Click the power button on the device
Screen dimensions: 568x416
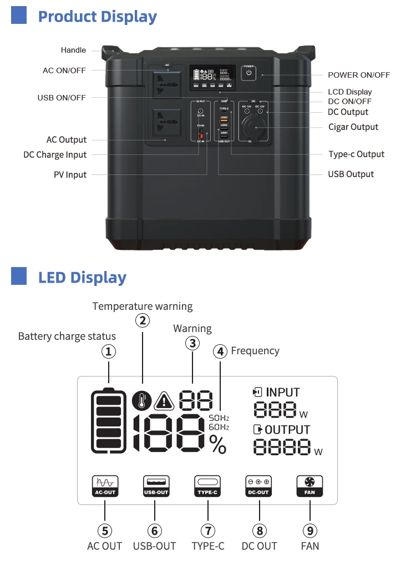[x=248, y=73]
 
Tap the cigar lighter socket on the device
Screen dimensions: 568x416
[x=256, y=129]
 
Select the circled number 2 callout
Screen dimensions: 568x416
[x=143, y=320]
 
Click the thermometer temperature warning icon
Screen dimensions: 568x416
[x=142, y=399]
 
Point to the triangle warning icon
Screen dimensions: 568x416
[x=164, y=400]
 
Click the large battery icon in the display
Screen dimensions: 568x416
[x=109, y=420]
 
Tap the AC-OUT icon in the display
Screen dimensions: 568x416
[x=105, y=486]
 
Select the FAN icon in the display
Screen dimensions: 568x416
[x=310, y=486]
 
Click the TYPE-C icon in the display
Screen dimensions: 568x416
[x=207, y=486]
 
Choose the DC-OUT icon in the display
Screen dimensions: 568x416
[x=259, y=486]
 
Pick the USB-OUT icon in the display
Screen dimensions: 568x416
[x=156, y=486]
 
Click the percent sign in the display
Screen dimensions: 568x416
[x=218, y=444]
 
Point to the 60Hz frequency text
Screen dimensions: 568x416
[x=219, y=426]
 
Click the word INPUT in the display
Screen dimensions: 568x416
[x=283, y=393]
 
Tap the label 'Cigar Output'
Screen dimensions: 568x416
[x=353, y=127]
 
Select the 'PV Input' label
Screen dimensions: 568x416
[x=70, y=175]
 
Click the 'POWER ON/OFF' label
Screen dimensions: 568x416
[x=359, y=75]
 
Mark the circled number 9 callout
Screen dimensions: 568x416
[x=310, y=530]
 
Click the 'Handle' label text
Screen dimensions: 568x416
[x=73, y=51]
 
